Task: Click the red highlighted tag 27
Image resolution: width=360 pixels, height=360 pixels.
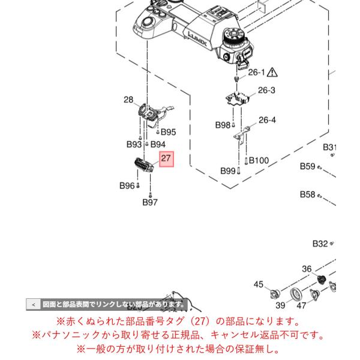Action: pos(167,159)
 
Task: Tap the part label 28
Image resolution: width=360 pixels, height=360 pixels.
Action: pos(128,100)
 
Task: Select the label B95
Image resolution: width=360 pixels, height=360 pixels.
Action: pos(168,132)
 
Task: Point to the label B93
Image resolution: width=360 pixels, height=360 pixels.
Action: pos(134,145)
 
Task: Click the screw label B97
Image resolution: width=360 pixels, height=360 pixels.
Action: pos(150,202)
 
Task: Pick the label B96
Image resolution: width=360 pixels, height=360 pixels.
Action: pos(127,186)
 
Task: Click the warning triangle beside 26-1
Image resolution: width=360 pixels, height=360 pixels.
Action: pos(272,73)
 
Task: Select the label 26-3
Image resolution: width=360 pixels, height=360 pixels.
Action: pos(266,90)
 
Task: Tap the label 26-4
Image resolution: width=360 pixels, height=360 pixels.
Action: pos(267,120)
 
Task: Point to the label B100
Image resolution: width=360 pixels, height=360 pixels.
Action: pos(259,160)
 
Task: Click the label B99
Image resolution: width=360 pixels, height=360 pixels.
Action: pos(228,171)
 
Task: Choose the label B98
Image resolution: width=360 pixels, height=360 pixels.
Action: pos(223,125)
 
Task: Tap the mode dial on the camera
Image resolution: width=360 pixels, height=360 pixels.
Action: pos(233,38)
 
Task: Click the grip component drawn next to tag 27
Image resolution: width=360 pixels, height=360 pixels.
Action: pos(144,165)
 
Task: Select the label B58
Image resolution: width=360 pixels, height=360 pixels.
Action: pos(308,194)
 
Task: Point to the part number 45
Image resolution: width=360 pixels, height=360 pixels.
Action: pos(258,284)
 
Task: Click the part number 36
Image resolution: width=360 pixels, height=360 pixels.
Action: pos(307,269)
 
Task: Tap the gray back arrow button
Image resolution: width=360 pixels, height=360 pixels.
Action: pos(34,305)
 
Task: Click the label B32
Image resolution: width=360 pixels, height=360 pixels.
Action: pos(320,244)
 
